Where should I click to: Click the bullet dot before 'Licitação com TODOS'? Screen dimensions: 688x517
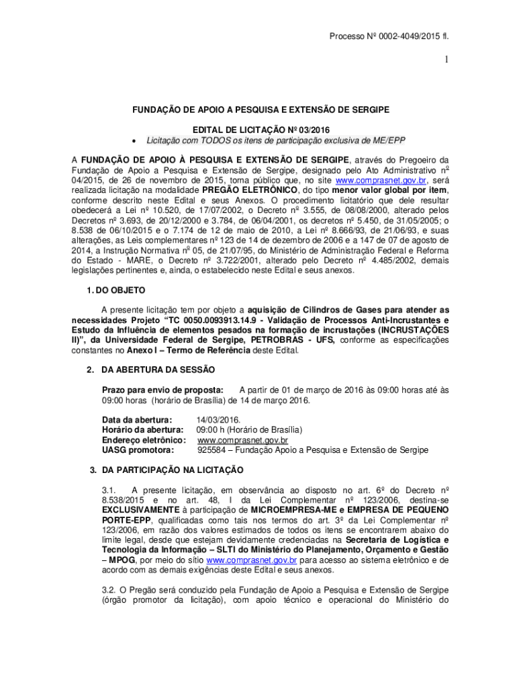(136, 141)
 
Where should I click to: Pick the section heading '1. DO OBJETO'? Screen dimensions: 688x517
(117, 290)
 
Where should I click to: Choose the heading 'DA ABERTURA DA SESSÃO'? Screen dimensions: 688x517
(158, 370)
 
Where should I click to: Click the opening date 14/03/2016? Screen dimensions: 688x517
(218, 420)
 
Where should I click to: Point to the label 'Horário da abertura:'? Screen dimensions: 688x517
(142, 430)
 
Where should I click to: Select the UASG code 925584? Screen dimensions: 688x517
(211, 450)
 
